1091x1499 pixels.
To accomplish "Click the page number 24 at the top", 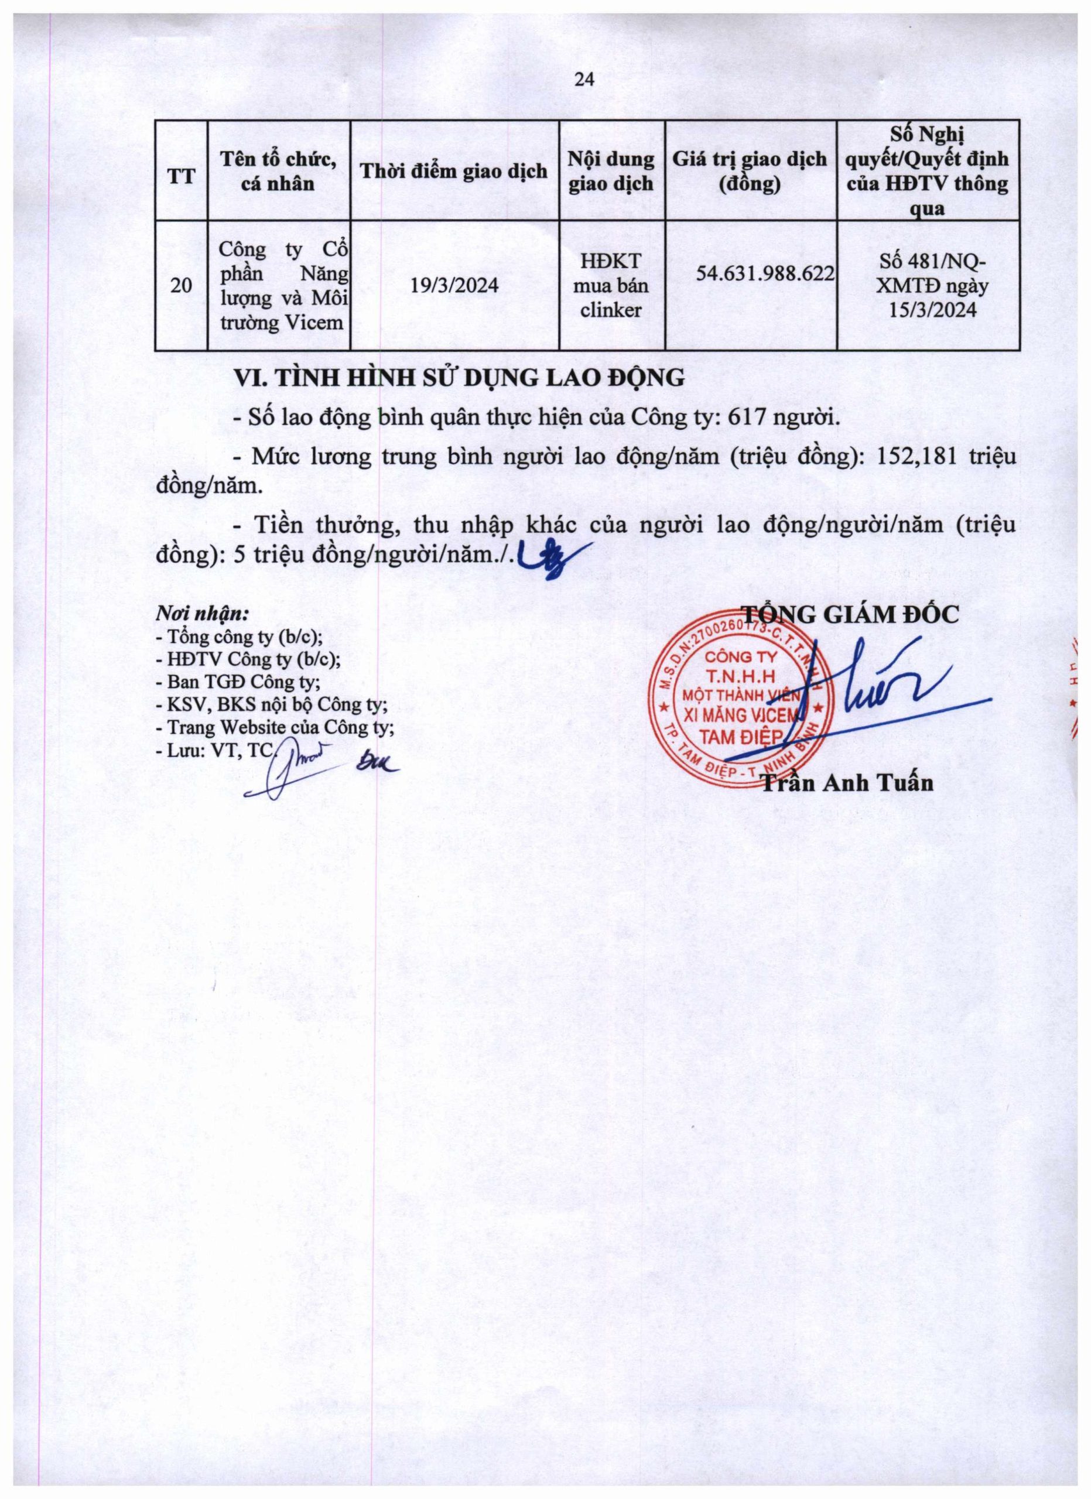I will click(x=586, y=80).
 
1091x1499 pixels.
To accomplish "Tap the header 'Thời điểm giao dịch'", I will click(x=454, y=171).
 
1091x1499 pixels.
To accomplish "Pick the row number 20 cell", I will click(x=181, y=286).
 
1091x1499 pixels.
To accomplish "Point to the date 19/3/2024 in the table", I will click(x=454, y=286).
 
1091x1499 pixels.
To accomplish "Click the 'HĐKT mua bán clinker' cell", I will click(x=611, y=286).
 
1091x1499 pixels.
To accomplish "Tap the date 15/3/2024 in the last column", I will click(x=932, y=310).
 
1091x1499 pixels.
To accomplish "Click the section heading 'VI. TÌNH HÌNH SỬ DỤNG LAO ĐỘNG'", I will click(x=460, y=378).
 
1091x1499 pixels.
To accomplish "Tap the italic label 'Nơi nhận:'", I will click(x=202, y=613).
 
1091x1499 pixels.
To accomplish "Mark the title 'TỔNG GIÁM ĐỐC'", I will click(x=850, y=614).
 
